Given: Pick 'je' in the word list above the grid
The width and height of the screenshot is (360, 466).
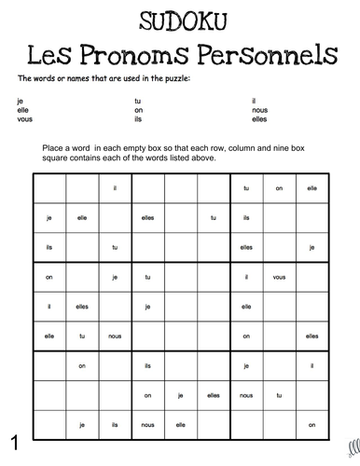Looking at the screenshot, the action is tap(20, 100).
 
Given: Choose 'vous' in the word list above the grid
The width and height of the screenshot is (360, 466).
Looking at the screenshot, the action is tap(23, 119).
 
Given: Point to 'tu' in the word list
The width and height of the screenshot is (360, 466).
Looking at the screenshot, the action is tap(138, 100).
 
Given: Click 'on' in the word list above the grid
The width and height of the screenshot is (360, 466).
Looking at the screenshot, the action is tap(138, 109).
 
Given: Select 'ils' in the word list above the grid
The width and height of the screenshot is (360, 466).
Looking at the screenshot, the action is tap(139, 119).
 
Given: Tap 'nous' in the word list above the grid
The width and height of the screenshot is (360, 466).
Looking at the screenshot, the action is tap(259, 109).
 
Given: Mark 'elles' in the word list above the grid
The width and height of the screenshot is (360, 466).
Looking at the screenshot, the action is tap(259, 119).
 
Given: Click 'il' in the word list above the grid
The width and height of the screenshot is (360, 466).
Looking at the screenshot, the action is tap(254, 100).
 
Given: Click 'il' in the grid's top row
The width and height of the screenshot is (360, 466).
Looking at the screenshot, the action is tap(114, 189).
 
